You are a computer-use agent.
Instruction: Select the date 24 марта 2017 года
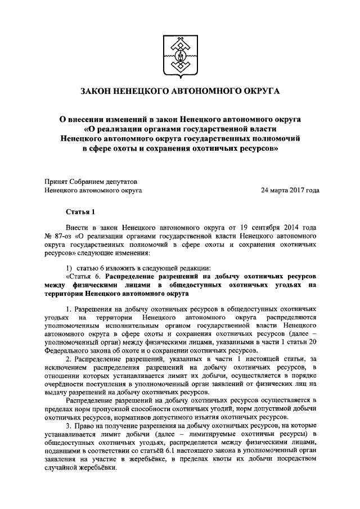click(x=290, y=190)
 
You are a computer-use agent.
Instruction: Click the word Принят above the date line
click(x=56, y=181)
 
